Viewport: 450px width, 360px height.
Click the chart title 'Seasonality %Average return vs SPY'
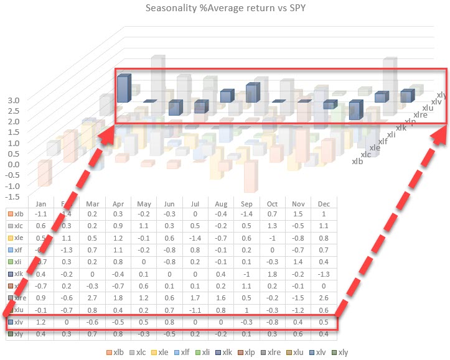point(224,8)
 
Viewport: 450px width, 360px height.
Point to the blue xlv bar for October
point(355,110)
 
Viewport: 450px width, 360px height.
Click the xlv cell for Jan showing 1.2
point(41,323)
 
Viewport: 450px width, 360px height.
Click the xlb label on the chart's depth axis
point(357,162)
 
